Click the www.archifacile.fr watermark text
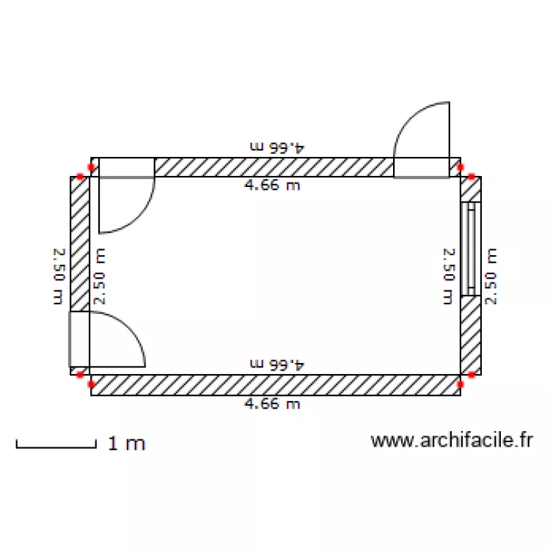point(452,440)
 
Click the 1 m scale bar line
point(56,447)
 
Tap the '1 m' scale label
point(126,444)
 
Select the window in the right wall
point(470,249)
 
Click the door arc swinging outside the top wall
point(410,117)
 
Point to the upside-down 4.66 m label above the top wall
point(277,147)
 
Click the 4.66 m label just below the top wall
point(272,185)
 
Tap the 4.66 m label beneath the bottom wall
point(272,404)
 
